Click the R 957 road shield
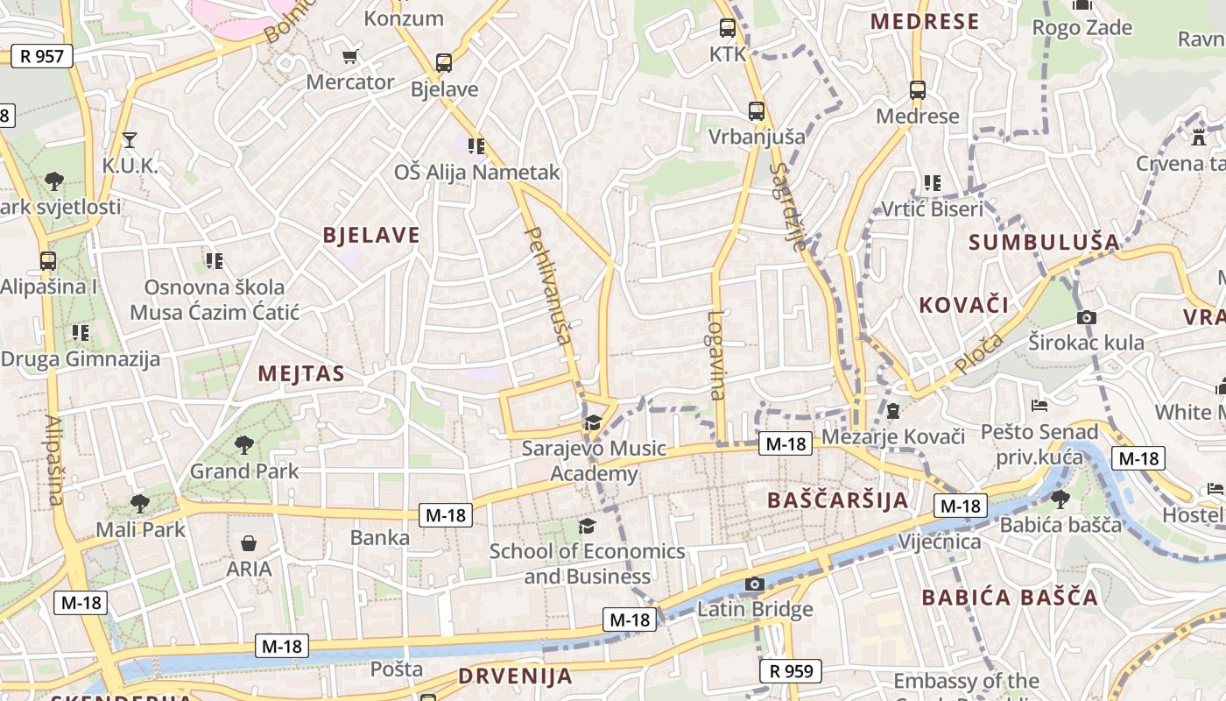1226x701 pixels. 41,56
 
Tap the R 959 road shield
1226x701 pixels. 791,671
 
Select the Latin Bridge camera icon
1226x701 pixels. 754,584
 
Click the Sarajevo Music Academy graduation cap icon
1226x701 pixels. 593,422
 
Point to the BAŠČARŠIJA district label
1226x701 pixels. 837,500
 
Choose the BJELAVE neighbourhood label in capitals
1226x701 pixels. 371,235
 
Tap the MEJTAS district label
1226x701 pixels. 301,374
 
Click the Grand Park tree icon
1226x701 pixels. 244,445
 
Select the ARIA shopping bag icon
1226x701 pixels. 249,543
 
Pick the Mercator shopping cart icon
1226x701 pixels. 349,57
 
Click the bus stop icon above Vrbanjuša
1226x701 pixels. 757,111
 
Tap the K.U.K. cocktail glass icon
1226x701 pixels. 130,139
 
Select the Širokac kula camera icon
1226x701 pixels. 1086,317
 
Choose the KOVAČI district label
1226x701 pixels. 963,306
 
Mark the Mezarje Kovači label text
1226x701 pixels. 893,436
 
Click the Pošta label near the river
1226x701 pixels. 397,669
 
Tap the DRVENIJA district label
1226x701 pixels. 515,676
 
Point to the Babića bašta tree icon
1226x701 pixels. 1060,499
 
